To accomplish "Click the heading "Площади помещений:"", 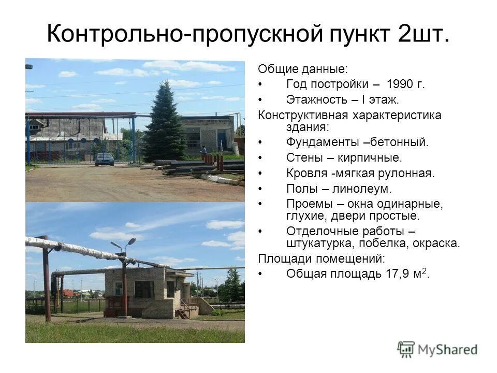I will click(321, 258).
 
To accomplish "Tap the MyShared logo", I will click(437, 349).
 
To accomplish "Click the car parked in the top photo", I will click(105, 159).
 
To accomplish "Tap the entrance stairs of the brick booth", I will click(183, 311).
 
